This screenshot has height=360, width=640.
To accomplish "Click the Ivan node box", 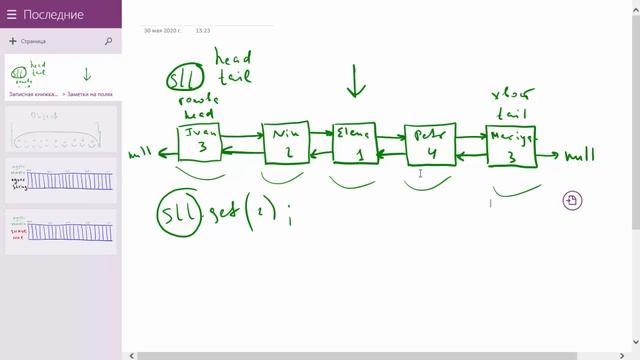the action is (199, 142).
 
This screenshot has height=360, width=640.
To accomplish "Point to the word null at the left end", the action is (143, 156).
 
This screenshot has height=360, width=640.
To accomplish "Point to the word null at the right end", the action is (579, 156).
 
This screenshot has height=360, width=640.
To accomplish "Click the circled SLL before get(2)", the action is (177, 213).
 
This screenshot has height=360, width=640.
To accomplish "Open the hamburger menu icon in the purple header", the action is (12, 14).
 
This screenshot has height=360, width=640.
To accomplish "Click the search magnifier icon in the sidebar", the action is (108, 42).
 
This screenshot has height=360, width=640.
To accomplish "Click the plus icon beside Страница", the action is (12, 42).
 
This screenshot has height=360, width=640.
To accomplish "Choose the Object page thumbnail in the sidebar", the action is (61, 131).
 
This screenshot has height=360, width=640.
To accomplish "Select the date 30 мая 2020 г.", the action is (162, 31).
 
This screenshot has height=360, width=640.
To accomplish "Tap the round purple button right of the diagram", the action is (571, 200).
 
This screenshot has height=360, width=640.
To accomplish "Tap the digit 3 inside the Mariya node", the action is (512, 157).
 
